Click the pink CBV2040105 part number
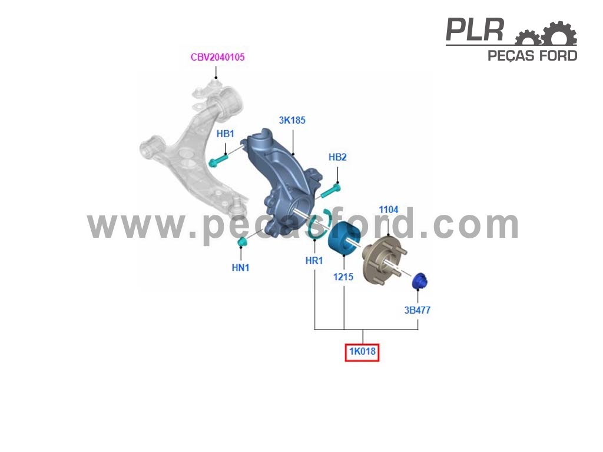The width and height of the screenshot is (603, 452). [218, 57]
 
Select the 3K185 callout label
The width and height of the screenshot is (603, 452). [292, 120]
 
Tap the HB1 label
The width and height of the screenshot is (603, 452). [226, 134]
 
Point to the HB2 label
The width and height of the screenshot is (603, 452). [337, 157]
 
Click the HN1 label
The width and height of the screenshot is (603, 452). [240, 268]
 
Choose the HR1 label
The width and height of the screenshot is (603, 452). [314, 261]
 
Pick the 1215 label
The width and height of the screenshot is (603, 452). [343, 277]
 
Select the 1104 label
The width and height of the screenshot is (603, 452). [389, 210]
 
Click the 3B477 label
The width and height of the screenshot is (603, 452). [418, 310]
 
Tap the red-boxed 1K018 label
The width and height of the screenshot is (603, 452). [362, 352]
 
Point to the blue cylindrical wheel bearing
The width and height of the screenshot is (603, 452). [343, 238]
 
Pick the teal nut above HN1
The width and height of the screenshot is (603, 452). [243, 242]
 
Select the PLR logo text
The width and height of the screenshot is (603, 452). [475, 30]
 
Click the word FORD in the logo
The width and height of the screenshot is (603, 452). [558, 56]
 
